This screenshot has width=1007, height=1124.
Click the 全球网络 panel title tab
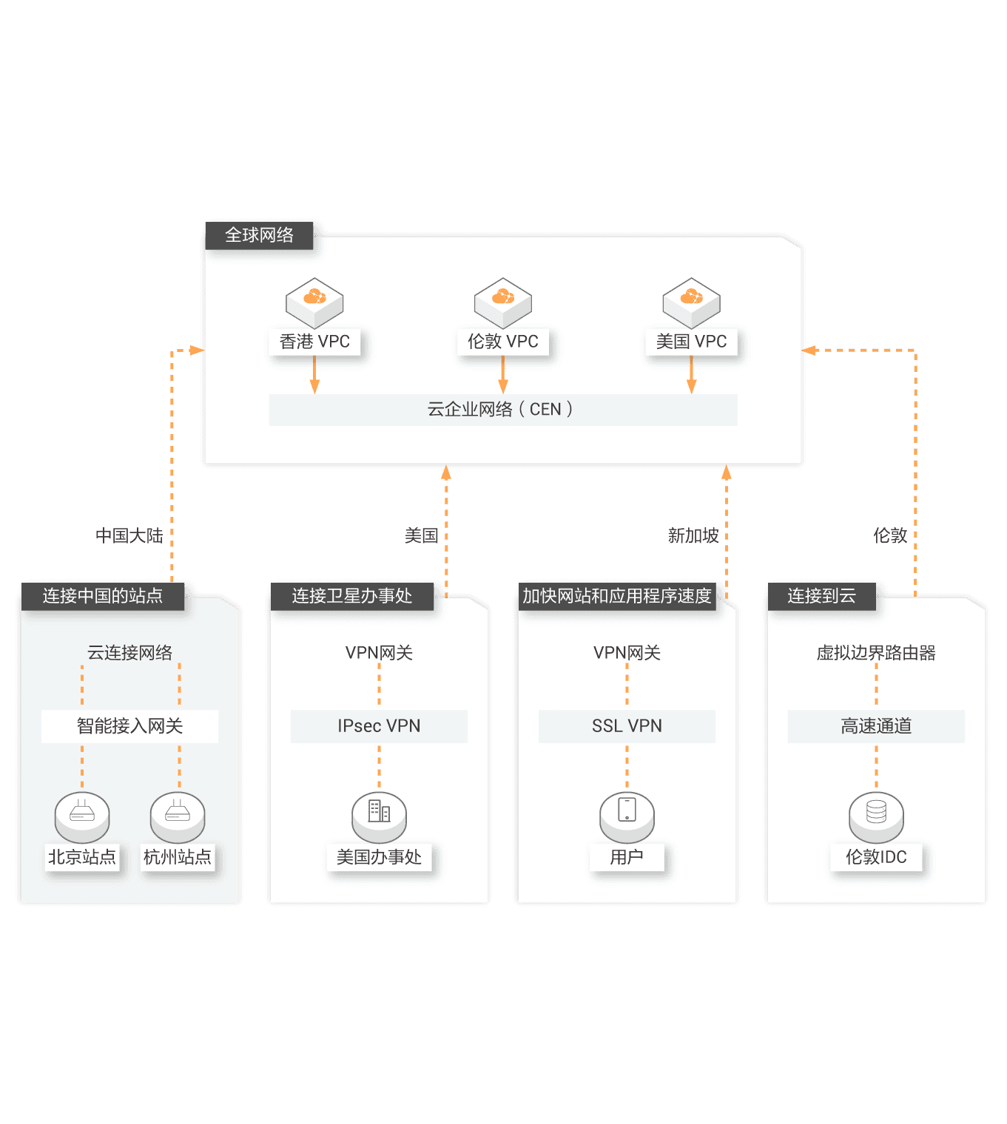[x=259, y=235]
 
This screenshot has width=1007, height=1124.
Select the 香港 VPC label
[x=314, y=342]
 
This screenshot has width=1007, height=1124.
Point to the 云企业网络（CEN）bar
[x=503, y=410]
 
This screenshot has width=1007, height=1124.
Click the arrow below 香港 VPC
[x=314, y=376]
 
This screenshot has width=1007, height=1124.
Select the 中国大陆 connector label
[x=129, y=535]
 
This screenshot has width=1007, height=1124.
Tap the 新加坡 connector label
[x=693, y=535]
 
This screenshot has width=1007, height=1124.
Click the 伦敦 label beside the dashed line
[x=889, y=535]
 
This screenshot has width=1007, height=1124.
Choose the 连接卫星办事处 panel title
[x=351, y=596]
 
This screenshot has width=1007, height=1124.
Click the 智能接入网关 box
[x=129, y=726]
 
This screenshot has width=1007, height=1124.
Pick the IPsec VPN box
[x=379, y=726]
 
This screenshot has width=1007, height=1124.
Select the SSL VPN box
[x=627, y=726]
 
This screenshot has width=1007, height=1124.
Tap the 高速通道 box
[x=876, y=726]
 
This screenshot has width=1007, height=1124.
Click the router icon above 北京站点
[x=82, y=814]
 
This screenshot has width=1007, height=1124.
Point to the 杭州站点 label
[x=178, y=857]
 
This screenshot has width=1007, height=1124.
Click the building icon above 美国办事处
[x=379, y=813]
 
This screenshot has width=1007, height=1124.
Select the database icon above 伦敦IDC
[x=876, y=813]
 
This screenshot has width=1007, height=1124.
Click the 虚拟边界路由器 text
[x=876, y=653]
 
